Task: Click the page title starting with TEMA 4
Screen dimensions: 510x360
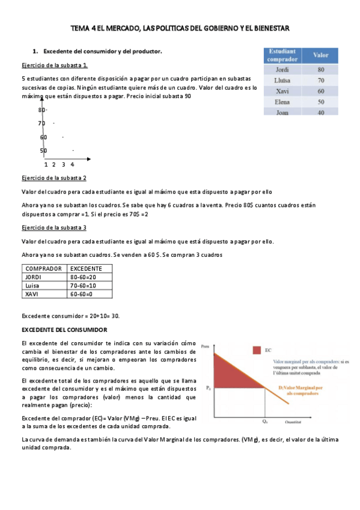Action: point(180,28)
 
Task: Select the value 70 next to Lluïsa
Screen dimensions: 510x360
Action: point(321,80)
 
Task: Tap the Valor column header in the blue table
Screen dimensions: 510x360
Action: point(321,55)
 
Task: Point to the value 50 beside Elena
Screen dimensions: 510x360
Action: point(321,102)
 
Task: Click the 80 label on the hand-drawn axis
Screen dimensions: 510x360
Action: point(42,110)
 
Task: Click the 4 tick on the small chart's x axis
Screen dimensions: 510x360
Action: point(72,164)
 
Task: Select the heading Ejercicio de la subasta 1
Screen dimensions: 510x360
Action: point(55,65)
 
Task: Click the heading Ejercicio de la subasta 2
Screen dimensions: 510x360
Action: point(54,179)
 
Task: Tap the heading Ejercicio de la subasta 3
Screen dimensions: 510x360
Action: point(54,228)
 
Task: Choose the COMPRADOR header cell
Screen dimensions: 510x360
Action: point(43,268)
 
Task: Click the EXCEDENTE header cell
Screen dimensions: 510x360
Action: point(86,268)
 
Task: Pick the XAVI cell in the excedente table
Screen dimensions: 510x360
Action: point(32,294)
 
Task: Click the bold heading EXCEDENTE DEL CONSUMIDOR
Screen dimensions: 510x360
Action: point(64,330)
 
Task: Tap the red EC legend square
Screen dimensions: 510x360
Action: point(257,349)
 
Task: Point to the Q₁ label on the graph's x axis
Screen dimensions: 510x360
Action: point(264,422)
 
